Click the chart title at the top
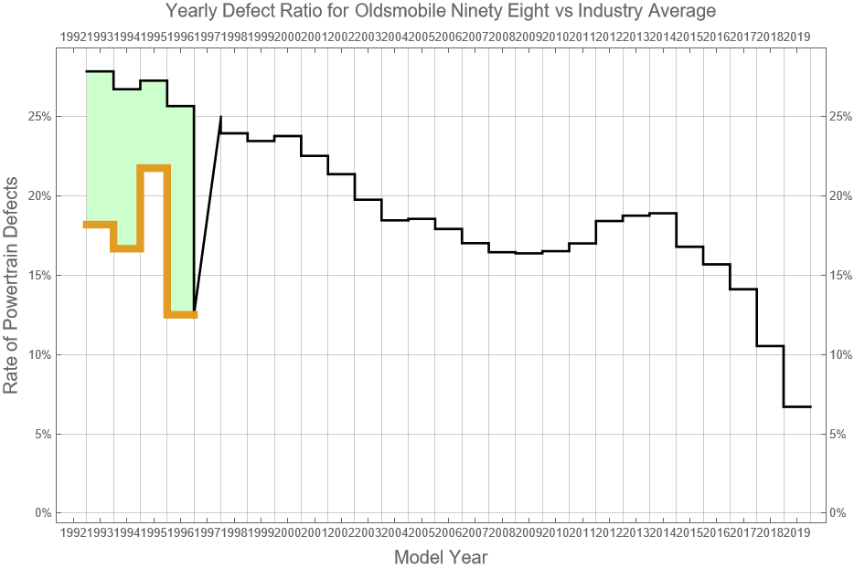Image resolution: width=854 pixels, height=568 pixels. [441, 11]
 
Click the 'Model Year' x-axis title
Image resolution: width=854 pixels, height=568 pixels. [441, 557]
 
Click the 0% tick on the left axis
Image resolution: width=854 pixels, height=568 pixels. [41, 513]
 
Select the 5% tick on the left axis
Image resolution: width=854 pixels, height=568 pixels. [41, 434]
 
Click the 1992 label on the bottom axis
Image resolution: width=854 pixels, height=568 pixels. [72, 532]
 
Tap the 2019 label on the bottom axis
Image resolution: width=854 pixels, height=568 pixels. [797, 532]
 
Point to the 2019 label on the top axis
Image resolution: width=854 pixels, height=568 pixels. [797, 37]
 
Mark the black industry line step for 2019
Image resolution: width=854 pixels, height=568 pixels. [797, 406]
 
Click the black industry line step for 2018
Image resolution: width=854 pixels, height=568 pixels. [770, 346]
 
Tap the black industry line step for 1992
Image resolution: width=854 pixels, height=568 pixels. [100, 71]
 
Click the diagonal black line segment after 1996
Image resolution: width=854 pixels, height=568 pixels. [208, 215]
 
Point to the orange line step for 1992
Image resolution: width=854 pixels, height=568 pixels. [100, 225]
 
